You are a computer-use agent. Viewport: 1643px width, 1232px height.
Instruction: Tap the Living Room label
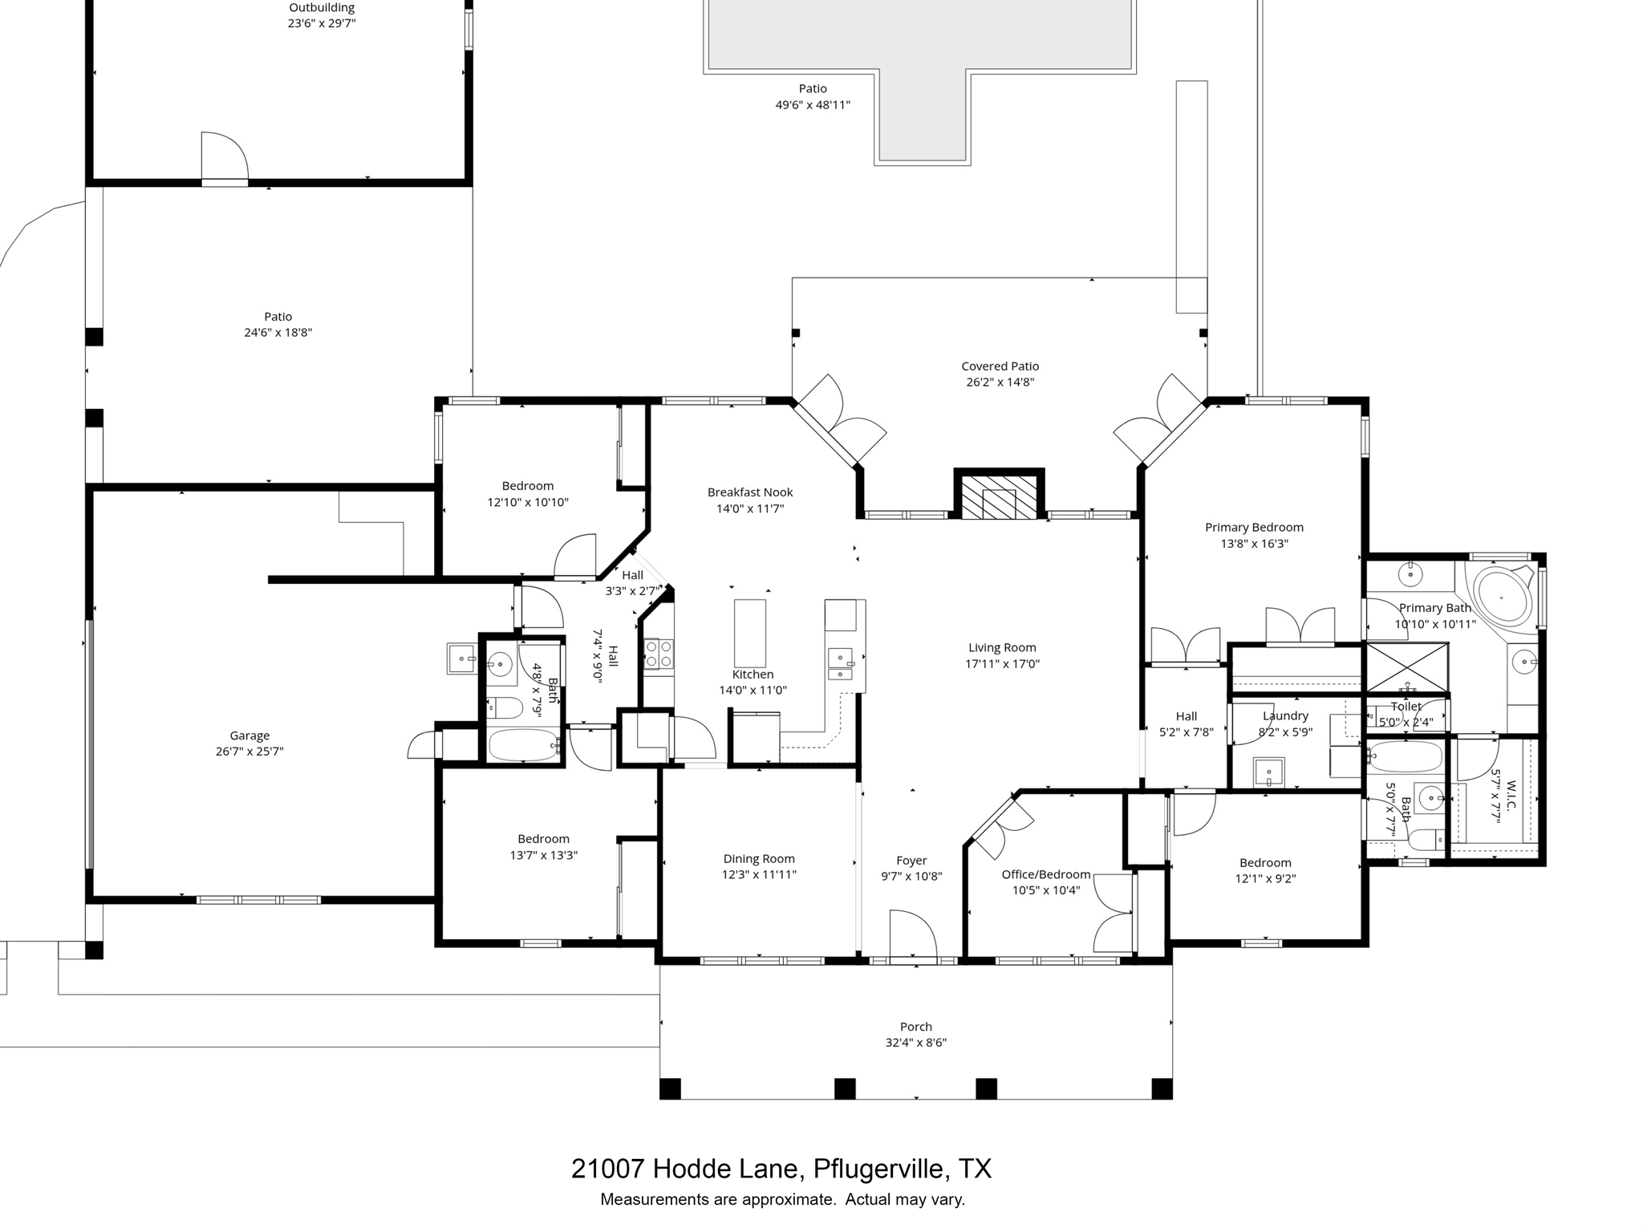click(x=1002, y=647)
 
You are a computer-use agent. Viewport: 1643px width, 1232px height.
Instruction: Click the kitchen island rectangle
click(x=749, y=633)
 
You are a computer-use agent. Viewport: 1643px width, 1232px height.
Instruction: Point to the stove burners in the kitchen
click(x=659, y=653)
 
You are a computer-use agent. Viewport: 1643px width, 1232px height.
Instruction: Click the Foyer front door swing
click(x=912, y=934)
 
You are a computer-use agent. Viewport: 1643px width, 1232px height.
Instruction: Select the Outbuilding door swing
click(x=224, y=156)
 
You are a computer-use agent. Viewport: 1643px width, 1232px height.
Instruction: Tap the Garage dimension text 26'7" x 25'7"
click(x=249, y=752)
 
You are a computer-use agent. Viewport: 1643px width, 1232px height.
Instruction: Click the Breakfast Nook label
click(x=750, y=492)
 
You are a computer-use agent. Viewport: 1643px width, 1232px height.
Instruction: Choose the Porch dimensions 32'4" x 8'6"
click(x=916, y=1043)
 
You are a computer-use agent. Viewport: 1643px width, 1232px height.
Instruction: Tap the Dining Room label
click(x=759, y=858)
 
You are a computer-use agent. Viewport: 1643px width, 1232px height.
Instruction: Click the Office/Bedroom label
click(x=1045, y=874)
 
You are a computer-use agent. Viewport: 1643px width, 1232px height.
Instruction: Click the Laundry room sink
click(x=1268, y=772)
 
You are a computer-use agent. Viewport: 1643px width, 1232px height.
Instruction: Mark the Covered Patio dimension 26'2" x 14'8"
click(x=1000, y=382)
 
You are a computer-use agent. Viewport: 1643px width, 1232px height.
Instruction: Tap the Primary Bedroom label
click(x=1254, y=527)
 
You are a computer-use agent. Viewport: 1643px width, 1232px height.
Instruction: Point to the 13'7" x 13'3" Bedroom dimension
click(x=543, y=855)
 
